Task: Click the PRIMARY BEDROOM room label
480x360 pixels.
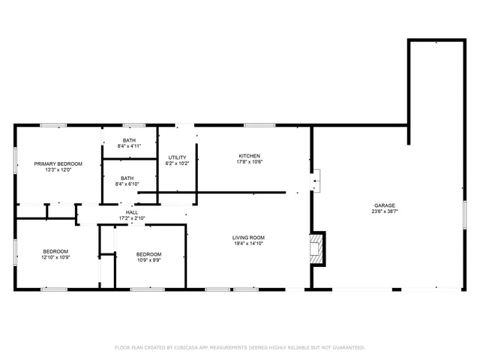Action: (x=58, y=163)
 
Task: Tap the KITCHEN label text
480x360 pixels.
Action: (x=249, y=156)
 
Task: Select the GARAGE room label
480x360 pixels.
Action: (x=385, y=205)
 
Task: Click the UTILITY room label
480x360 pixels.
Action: (x=177, y=157)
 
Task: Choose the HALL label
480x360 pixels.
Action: (x=131, y=213)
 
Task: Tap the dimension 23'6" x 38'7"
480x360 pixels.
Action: (x=385, y=211)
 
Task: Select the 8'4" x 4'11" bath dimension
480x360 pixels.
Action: (x=129, y=146)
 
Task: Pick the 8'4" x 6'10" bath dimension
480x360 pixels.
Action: (x=129, y=184)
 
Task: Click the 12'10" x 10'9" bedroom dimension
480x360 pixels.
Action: (x=55, y=257)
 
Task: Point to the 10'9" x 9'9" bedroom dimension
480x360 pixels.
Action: (x=148, y=260)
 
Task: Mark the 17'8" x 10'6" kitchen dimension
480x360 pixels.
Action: (x=249, y=162)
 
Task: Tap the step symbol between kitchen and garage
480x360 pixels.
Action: (x=316, y=180)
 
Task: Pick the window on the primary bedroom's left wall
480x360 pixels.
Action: (x=16, y=162)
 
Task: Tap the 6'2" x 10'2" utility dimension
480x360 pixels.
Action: (x=177, y=163)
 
